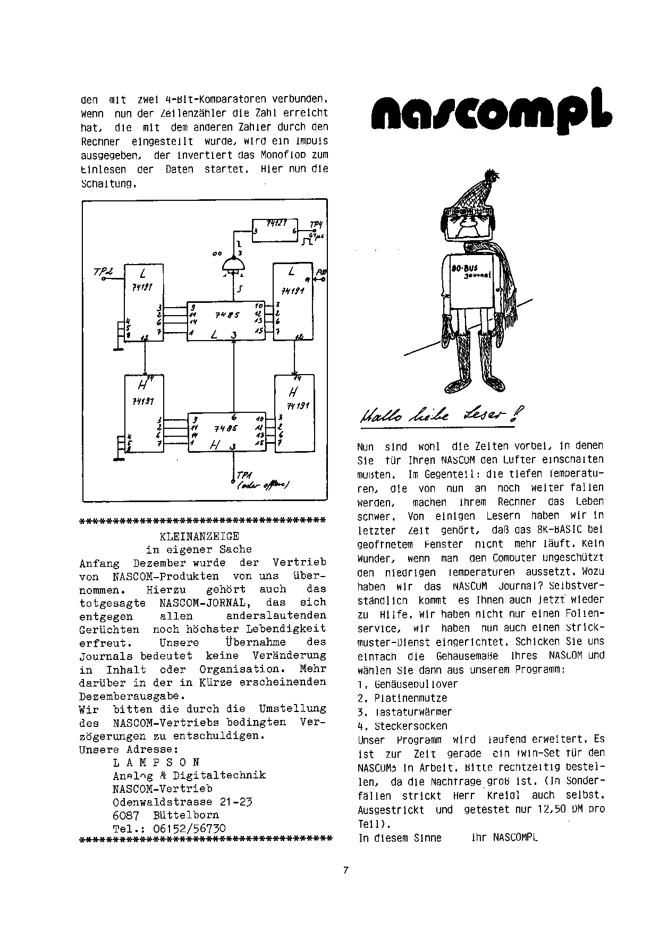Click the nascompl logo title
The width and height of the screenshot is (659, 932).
tap(492, 110)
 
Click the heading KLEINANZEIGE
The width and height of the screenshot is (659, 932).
tap(199, 536)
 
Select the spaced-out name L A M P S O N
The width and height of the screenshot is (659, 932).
tap(156, 762)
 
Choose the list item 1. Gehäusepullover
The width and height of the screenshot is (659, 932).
tap(408, 684)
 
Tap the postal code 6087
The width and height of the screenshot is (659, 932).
tap(126, 815)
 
